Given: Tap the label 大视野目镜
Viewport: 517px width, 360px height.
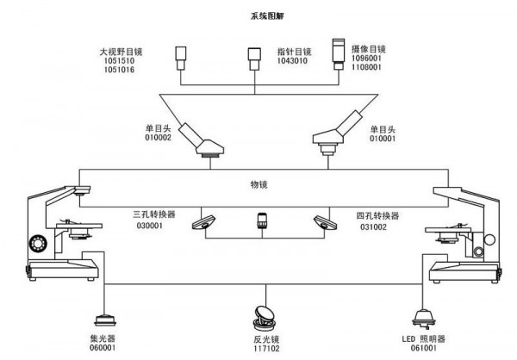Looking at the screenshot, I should coord(120,52).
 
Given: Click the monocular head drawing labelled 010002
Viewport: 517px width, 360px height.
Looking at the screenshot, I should coord(206,142).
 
